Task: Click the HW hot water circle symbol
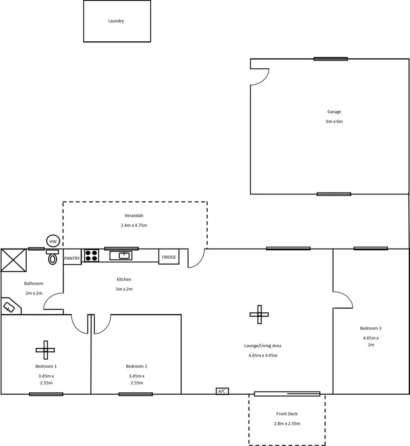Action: [x=53, y=242]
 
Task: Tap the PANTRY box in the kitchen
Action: [x=72, y=258]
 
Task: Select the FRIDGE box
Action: [x=169, y=257]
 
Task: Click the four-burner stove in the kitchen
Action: [x=91, y=256]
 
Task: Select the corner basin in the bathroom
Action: [x=9, y=307]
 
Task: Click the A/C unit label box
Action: [x=222, y=391]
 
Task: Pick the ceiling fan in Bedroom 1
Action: [x=45, y=350]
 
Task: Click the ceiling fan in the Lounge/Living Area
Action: [x=259, y=314]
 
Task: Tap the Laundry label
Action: [x=116, y=21]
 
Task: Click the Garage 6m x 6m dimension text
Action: [x=334, y=121]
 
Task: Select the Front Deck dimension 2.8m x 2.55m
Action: [x=287, y=424]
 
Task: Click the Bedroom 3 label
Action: [x=370, y=328]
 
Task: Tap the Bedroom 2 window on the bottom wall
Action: [x=135, y=394]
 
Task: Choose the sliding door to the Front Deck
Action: [x=287, y=394]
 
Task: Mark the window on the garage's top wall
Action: [x=330, y=59]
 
